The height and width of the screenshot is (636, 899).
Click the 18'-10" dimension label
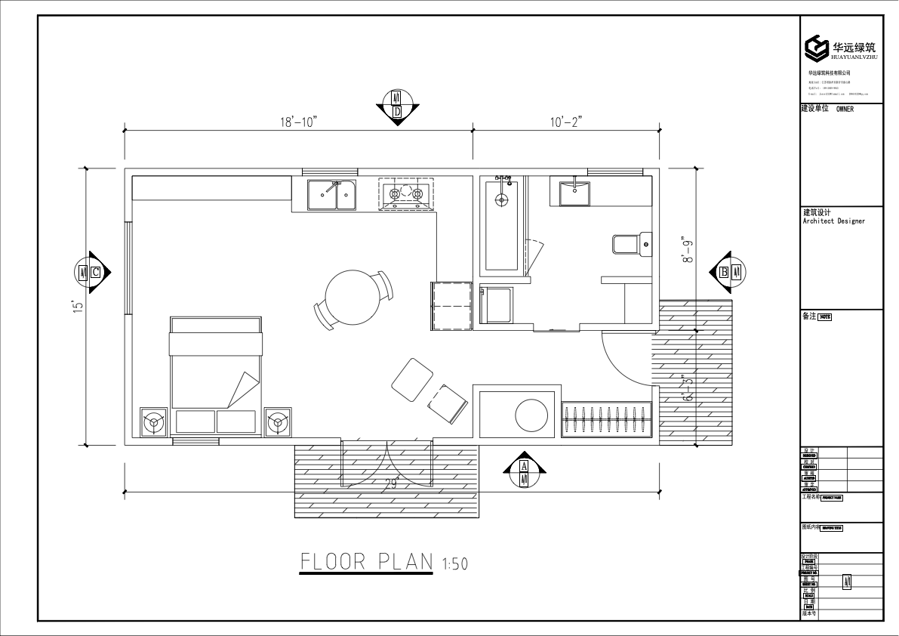298,121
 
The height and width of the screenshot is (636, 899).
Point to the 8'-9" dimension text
688,249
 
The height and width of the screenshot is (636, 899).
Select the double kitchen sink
332,195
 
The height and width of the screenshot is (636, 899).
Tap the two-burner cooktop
405,194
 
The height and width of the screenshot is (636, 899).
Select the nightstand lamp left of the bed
155,422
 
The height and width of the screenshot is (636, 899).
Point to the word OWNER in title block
845,109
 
